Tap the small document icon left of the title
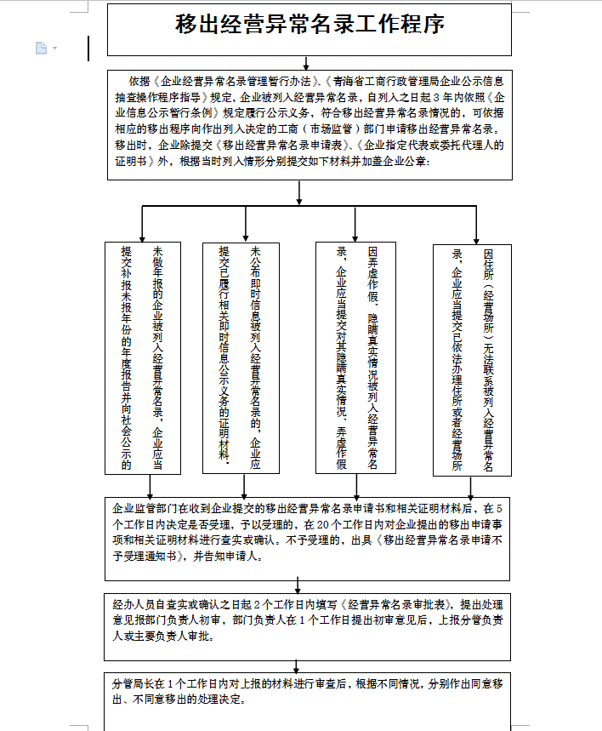pos(41,49)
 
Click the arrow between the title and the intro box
pos(306,62)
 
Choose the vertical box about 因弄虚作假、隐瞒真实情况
pos(355,358)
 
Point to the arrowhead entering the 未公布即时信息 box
pos(247,237)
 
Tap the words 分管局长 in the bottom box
pos(132,683)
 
